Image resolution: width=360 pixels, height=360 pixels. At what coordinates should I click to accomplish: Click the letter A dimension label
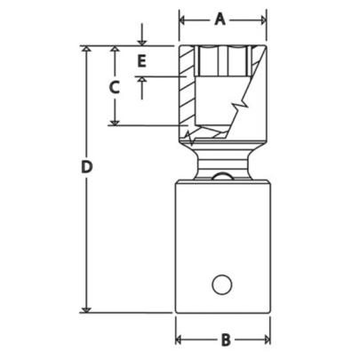click(221, 19)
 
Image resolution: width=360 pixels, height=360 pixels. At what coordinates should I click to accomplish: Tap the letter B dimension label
click(225, 339)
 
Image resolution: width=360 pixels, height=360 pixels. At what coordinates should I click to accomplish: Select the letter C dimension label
click(113, 87)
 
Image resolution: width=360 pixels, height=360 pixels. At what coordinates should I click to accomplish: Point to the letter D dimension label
click(86, 166)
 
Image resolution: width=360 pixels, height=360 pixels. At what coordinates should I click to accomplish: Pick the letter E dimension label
click(140, 61)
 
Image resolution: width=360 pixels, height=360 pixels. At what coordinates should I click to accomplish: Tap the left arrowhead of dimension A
click(182, 19)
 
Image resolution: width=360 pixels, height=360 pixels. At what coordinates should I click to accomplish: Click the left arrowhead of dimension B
click(179, 339)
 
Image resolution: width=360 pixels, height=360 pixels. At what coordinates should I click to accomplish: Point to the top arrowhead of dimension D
click(86, 51)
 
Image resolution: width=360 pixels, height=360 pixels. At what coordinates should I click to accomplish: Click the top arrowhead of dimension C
click(114, 51)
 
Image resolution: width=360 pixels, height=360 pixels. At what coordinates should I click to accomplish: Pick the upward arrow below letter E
click(140, 82)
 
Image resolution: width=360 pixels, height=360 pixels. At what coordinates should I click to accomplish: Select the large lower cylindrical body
click(221, 240)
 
